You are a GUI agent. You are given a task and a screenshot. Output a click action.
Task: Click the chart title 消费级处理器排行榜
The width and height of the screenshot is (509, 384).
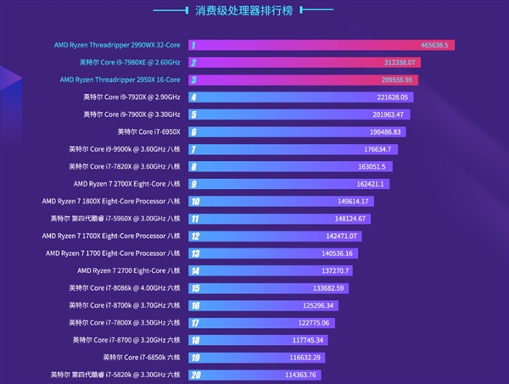coord(255,12)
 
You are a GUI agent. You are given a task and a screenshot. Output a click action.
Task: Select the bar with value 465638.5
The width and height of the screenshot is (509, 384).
coord(322,44)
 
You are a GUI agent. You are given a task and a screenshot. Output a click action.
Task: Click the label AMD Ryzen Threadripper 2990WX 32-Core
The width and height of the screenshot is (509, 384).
coord(119,44)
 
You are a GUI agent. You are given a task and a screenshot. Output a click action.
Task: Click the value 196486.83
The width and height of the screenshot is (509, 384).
coord(386,132)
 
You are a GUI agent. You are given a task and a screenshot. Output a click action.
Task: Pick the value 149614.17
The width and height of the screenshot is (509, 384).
coord(353,202)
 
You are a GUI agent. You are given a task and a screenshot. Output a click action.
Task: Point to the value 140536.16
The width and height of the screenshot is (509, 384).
coord(340,253)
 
